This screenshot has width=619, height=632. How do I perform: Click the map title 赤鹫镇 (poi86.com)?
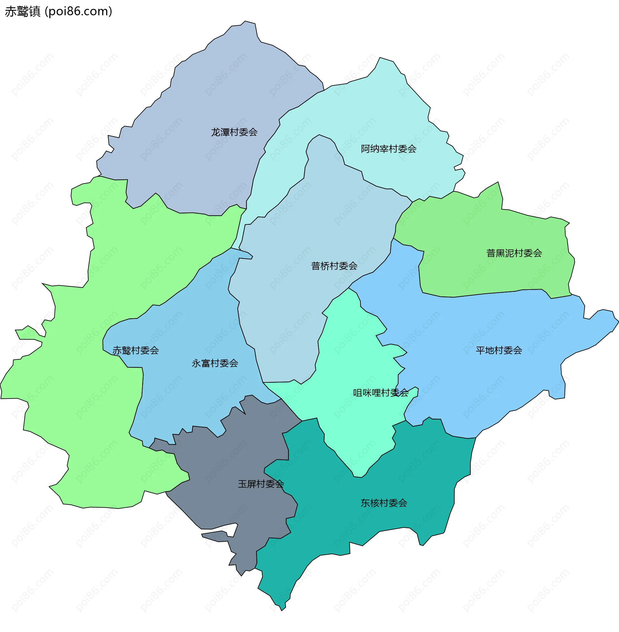click(59, 12)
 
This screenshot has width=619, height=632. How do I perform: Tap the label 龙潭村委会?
click(234, 132)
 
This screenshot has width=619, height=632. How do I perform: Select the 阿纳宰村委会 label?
click(388, 149)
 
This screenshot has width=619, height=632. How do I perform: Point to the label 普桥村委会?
click(334, 266)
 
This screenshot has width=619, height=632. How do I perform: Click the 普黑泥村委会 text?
click(514, 253)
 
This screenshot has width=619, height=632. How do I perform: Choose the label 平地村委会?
click(499, 351)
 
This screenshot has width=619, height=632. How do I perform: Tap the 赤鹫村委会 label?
click(136, 351)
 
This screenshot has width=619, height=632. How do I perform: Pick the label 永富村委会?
click(215, 363)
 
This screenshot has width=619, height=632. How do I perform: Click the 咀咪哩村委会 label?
click(381, 393)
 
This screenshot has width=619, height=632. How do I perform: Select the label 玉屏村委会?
click(261, 484)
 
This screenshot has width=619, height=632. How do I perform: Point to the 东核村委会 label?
click(384, 503)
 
